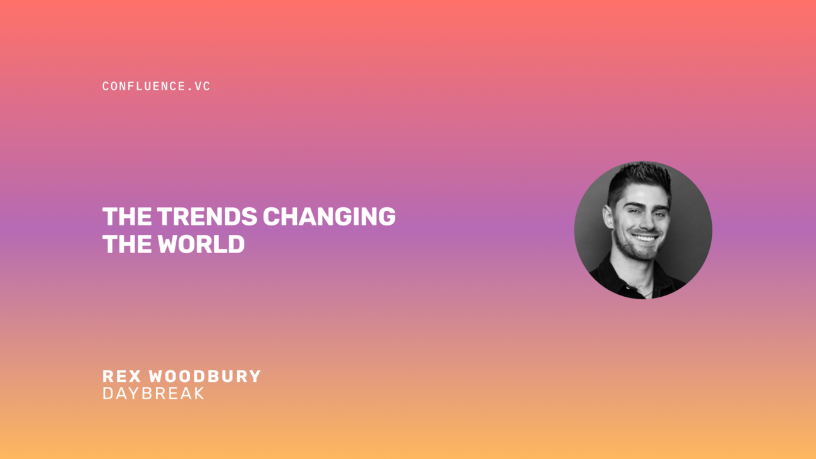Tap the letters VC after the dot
(203, 86)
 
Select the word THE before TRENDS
(127, 217)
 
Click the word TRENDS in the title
(207, 217)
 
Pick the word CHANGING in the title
(329, 217)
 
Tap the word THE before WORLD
(127, 244)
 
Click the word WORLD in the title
(201, 244)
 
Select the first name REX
(123, 376)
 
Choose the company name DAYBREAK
(153, 393)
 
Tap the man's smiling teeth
(645, 238)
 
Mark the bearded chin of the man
(644, 253)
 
